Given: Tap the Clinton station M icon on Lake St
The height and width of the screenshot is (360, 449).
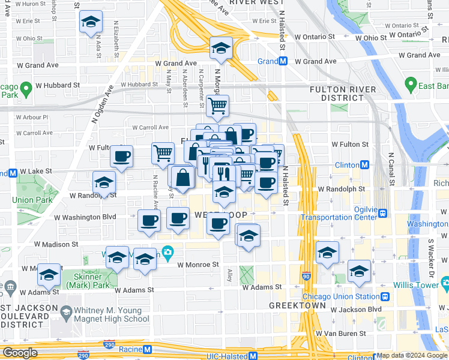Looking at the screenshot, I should (x=364, y=165).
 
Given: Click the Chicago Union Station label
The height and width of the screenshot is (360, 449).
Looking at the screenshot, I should (x=341, y=296).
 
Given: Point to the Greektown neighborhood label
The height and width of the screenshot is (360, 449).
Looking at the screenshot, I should (x=293, y=305).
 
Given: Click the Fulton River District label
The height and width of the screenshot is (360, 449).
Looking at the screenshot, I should (x=343, y=94).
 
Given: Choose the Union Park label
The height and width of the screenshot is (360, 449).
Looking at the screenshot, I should (x=26, y=199).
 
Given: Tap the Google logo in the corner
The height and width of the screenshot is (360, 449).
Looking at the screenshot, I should (x=20, y=353).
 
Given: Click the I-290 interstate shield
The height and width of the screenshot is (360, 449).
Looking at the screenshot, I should (x=84, y=355).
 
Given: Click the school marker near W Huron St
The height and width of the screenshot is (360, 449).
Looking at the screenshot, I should (x=91, y=23).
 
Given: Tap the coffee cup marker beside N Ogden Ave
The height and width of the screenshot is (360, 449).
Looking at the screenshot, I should (x=122, y=157).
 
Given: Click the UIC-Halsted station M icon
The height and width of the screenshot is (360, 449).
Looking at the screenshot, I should (x=253, y=356).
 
